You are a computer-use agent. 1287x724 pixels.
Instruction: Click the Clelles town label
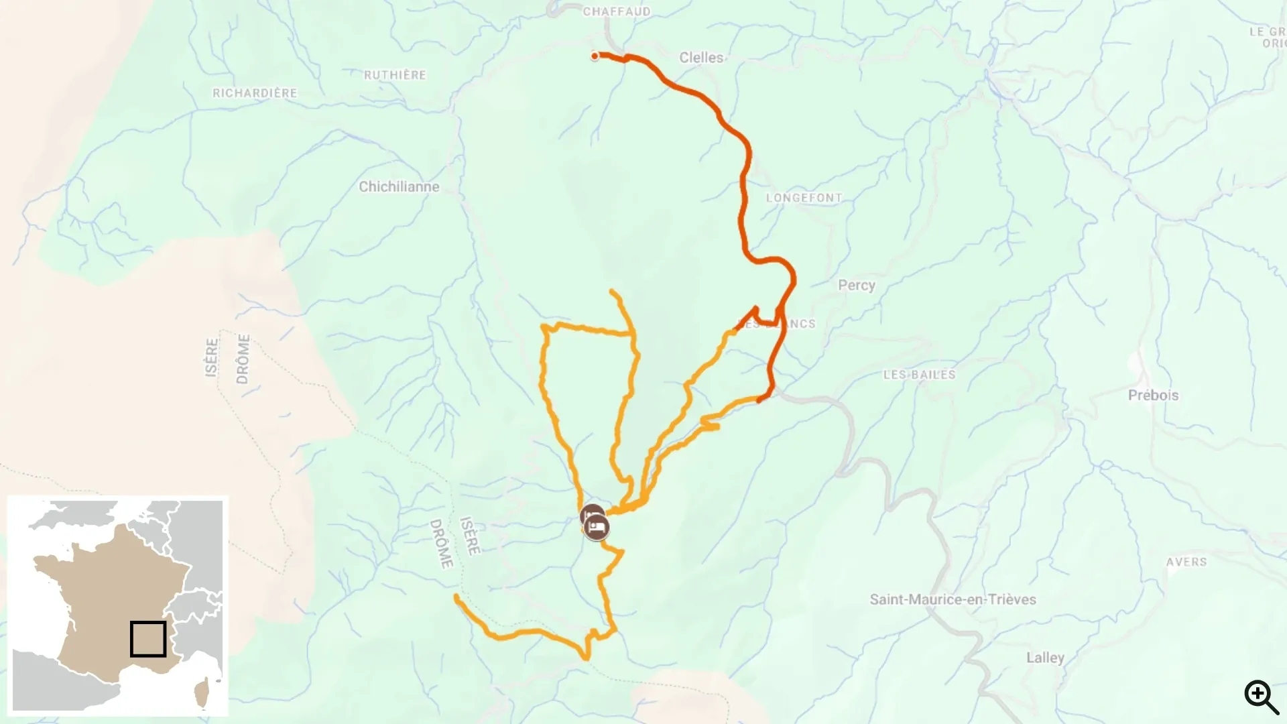pos(701,58)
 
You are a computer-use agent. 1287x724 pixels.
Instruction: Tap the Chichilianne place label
pos(399,187)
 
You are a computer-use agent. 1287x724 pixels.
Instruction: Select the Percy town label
pos(856,285)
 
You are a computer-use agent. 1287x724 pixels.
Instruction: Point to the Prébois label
pos(1153,396)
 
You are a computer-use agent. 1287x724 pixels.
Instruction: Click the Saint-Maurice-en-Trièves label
pos(953,599)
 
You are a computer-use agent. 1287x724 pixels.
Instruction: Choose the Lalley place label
pos(1045,658)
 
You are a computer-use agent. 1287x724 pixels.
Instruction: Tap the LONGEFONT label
pos(804,198)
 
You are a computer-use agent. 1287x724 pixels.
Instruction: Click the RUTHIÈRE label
pos(395,75)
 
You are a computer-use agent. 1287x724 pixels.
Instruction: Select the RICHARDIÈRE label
pos(255,93)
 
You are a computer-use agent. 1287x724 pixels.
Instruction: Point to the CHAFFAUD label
pos(616,11)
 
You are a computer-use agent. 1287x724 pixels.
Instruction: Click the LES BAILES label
pos(919,375)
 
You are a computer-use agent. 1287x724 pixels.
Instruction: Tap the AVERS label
pos(1186,562)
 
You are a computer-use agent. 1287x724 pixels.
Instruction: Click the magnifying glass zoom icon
pos(1260,697)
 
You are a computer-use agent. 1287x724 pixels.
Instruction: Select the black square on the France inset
pos(148,639)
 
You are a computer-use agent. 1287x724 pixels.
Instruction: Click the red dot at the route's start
pos(595,56)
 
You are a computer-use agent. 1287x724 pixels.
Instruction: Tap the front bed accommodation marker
pos(597,528)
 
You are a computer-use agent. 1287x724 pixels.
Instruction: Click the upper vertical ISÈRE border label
pos(212,358)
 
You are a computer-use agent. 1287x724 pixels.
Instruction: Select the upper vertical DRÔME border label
pos(243,359)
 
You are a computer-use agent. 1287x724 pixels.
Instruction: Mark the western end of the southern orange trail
pos(456,596)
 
